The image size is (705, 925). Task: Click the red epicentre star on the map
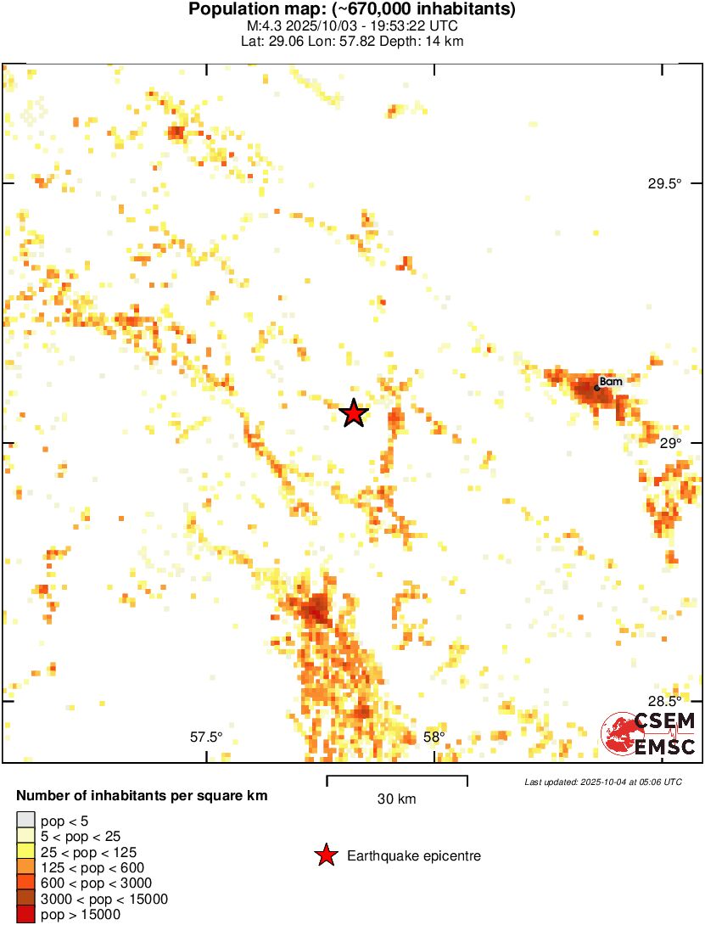[x=354, y=413]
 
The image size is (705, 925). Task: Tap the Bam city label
[x=611, y=382]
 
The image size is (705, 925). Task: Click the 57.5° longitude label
[x=206, y=737]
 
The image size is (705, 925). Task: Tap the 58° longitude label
[x=434, y=737]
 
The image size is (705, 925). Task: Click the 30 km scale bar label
[x=396, y=799]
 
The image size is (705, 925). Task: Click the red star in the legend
[x=325, y=856]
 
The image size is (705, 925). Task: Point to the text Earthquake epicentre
[x=414, y=856]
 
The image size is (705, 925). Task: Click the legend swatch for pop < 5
[x=25, y=821]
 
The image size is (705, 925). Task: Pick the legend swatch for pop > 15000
[x=25, y=915]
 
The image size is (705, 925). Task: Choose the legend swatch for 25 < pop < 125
[x=25, y=852]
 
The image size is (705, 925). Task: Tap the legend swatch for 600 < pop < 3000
[x=25, y=883]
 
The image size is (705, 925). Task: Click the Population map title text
[x=352, y=10]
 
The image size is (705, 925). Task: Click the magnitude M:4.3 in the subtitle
[x=263, y=26]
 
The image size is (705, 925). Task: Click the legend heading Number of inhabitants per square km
[x=143, y=796]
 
